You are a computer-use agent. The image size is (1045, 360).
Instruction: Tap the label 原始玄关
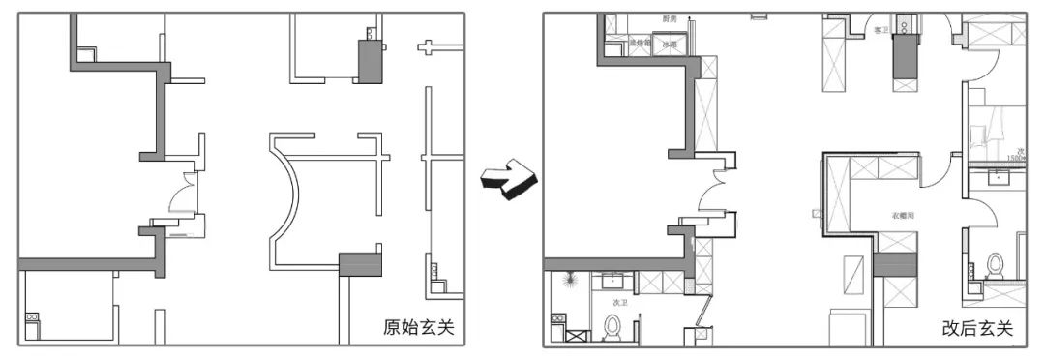click(418, 327)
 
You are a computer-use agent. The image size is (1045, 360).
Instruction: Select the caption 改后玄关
click(977, 329)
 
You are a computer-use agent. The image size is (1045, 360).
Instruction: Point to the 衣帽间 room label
click(905, 217)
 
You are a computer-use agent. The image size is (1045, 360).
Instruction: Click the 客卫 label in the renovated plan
click(880, 30)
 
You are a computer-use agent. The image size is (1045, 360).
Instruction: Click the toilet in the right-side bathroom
click(993, 263)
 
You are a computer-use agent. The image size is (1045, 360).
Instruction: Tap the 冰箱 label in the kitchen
click(669, 45)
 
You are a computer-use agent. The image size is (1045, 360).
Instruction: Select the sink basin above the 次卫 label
click(612, 282)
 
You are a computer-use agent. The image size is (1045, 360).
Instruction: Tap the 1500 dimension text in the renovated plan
click(1015, 157)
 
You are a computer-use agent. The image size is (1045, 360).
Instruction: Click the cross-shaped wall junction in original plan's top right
click(429, 46)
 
